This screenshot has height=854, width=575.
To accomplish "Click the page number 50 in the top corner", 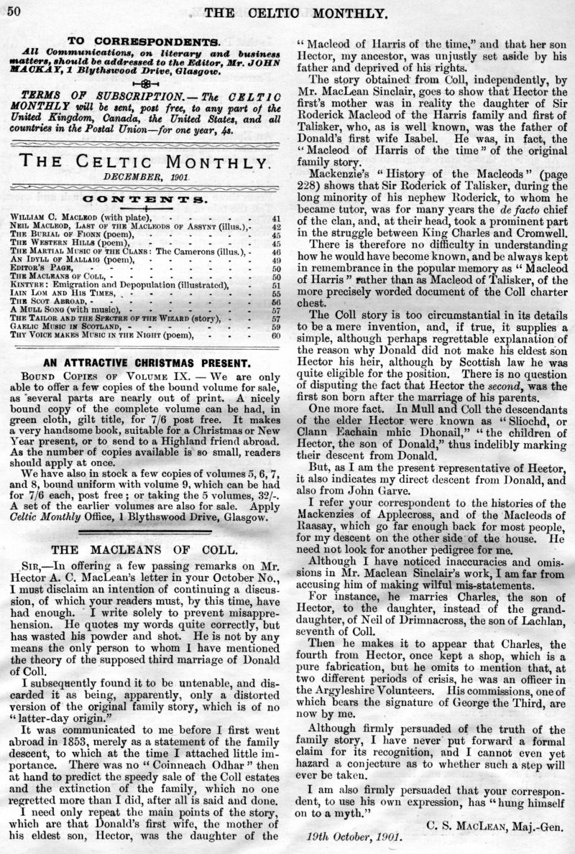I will [14, 9].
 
